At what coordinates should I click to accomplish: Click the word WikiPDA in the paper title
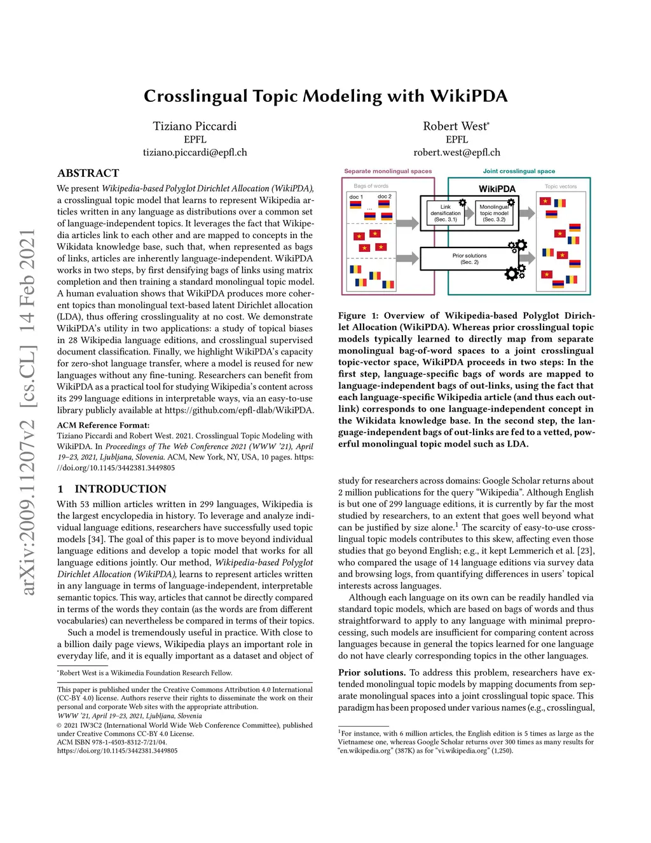tap(469, 96)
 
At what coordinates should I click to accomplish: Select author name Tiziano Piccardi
tap(195, 126)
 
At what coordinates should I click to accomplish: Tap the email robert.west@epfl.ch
tap(456, 153)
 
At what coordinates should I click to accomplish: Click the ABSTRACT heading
tap(88, 173)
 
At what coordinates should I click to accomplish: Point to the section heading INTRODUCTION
tap(120, 489)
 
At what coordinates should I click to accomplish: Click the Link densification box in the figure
tap(445, 212)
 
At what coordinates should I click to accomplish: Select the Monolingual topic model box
tap(494, 212)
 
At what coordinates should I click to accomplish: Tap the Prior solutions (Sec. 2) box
tap(469, 259)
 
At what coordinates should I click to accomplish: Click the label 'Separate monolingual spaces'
tap(388, 171)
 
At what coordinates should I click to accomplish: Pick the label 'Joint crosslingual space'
tap(519, 171)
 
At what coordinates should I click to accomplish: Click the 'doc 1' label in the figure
tap(356, 197)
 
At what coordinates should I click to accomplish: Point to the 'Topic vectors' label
tap(561, 186)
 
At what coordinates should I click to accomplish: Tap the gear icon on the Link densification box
tap(462, 203)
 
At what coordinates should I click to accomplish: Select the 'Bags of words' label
tap(371, 186)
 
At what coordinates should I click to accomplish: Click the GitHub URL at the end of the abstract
tap(239, 410)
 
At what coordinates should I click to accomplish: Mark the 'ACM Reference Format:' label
tap(104, 425)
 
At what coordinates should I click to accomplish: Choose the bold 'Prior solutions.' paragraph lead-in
tap(372, 672)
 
